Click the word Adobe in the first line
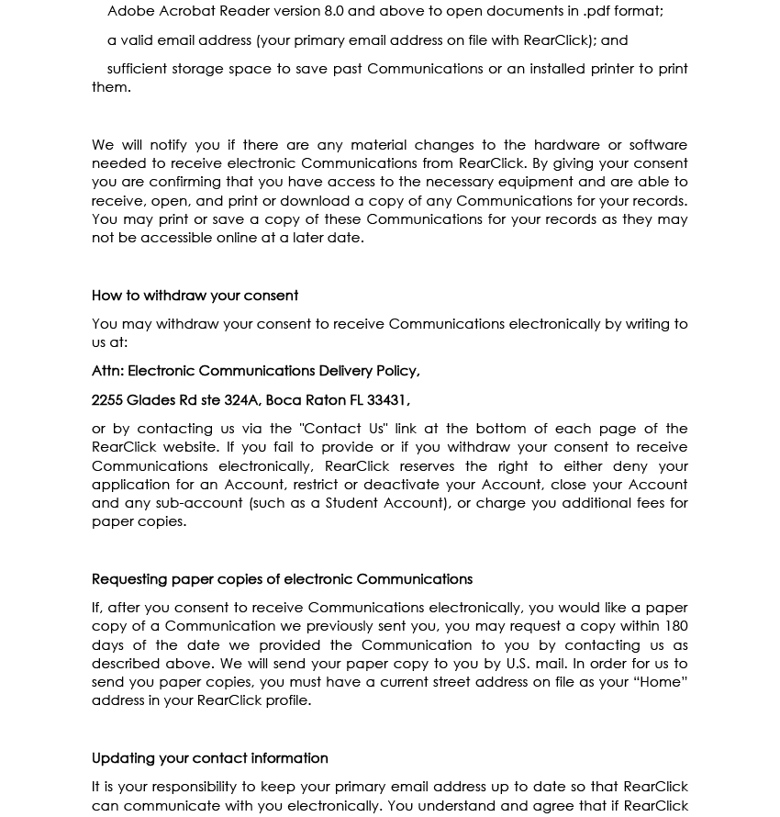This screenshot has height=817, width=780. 130,11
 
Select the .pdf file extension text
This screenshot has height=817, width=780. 600,11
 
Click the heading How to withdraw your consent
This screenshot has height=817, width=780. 195,296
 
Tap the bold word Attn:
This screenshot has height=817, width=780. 107,371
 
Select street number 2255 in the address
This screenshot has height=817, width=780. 107,400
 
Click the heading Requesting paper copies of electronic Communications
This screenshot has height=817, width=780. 282,579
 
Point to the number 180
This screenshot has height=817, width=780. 675,626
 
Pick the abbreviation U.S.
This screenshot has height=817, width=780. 517,664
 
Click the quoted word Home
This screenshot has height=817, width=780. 660,682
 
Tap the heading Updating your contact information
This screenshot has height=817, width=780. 209,758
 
